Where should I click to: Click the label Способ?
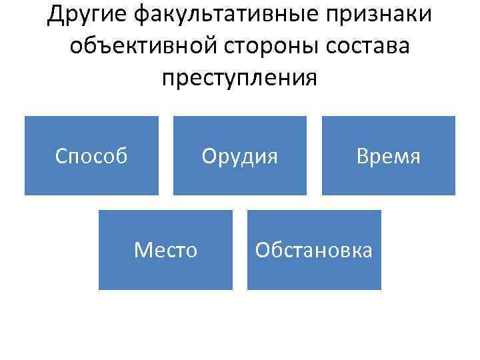tap(91, 156)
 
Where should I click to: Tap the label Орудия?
tap(240, 156)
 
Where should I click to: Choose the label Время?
tap(389, 156)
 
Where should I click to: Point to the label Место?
tap(165, 251)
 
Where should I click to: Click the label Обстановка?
tap(314, 251)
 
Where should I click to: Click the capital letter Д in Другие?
tap(55, 15)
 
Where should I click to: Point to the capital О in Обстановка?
tap(262, 251)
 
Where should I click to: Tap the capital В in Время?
tap(362, 156)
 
